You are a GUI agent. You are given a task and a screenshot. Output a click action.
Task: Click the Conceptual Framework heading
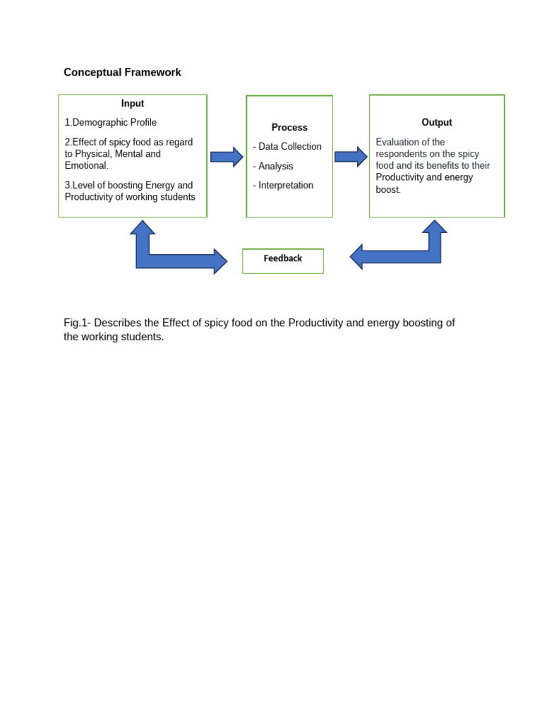[x=122, y=73]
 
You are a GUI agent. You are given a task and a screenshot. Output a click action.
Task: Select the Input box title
[x=133, y=103]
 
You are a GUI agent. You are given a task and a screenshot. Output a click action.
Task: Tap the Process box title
[x=289, y=128]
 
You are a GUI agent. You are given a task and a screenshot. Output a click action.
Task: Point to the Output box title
[x=437, y=122]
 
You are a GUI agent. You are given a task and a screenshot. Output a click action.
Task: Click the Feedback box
[x=283, y=260]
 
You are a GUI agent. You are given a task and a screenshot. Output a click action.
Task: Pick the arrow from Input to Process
[x=227, y=157]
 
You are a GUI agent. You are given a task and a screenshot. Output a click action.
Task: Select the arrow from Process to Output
[x=351, y=157]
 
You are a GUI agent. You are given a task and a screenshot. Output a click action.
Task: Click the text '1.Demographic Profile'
[x=111, y=123]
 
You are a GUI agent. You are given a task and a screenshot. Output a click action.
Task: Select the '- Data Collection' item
[x=287, y=147]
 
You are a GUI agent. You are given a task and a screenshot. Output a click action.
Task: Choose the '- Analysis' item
[x=273, y=167]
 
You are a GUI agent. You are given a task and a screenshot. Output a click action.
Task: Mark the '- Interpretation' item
[x=283, y=186]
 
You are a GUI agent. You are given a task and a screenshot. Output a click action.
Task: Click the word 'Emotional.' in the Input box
[x=87, y=166]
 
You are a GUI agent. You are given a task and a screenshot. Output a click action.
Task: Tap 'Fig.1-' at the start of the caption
[x=77, y=323]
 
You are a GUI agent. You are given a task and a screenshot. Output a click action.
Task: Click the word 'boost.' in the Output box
[x=388, y=190]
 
